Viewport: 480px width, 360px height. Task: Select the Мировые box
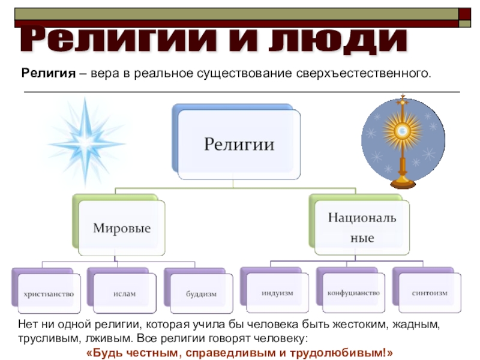pyautogui.click(x=122, y=228)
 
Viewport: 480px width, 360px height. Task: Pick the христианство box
pyautogui.click(x=49, y=294)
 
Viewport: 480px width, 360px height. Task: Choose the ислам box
pyautogui.click(x=125, y=294)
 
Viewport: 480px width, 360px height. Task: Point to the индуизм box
pyautogui.click(x=277, y=293)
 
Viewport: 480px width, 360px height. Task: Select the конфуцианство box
pyautogui.click(x=353, y=293)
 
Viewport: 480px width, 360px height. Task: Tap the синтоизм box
pyautogui.click(x=429, y=293)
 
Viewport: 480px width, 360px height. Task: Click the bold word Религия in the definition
pyautogui.click(x=48, y=74)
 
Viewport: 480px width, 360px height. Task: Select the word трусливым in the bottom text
pyautogui.click(x=43, y=337)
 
